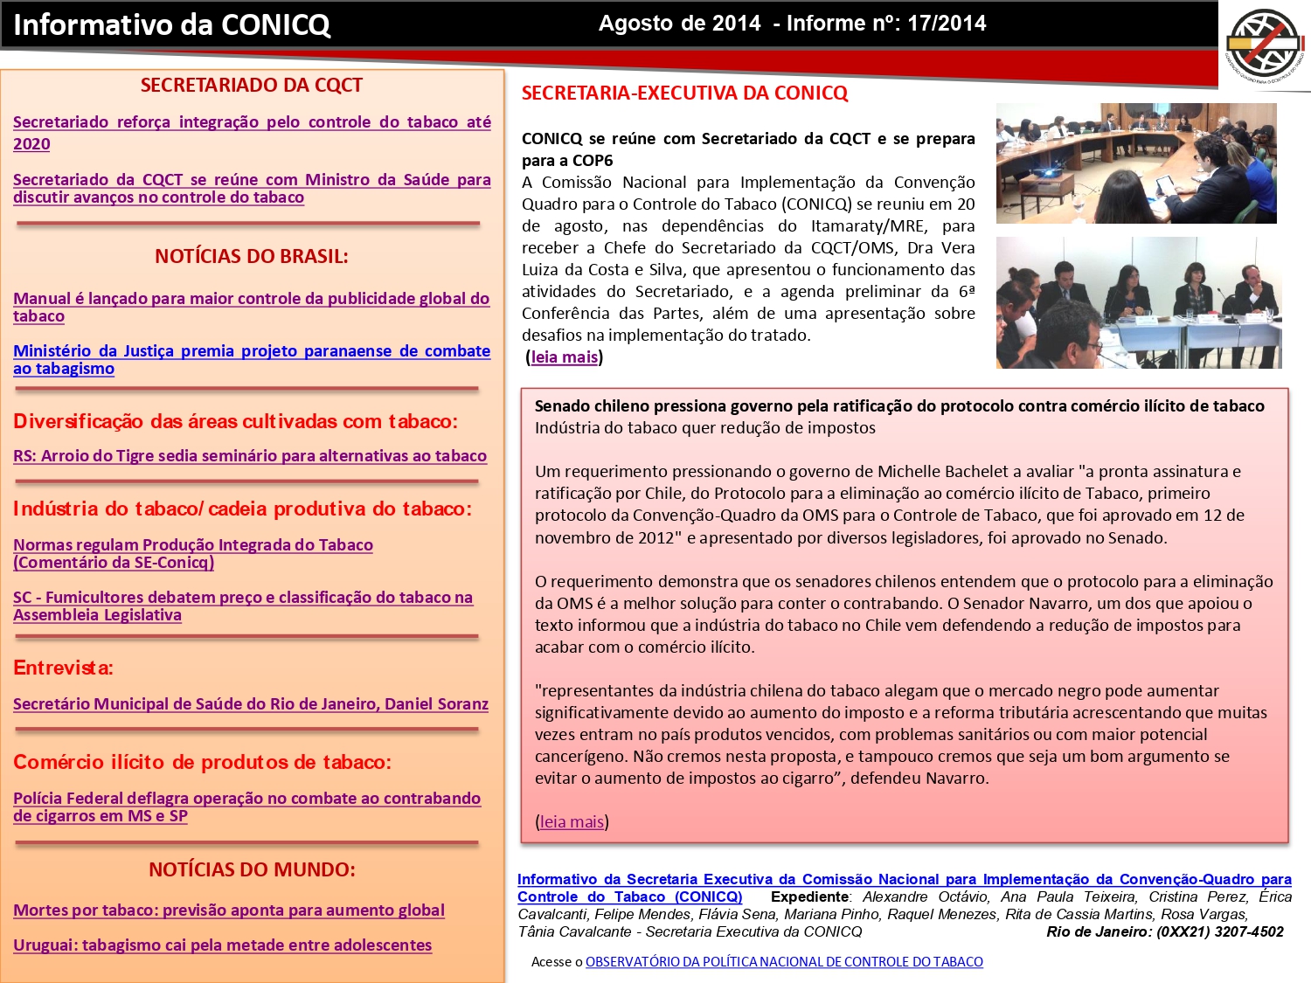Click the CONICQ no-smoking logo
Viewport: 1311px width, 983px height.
[x=1264, y=43]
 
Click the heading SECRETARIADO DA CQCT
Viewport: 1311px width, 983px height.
[x=251, y=86]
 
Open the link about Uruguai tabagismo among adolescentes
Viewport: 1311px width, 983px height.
[x=222, y=945]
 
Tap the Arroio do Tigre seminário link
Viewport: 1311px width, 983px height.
[x=249, y=456]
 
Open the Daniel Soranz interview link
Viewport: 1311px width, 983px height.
[x=250, y=704]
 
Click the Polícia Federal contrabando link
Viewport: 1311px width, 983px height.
[x=246, y=799]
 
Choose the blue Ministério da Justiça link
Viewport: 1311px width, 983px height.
[x=251, y=351]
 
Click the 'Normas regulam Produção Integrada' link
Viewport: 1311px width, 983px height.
[x=192, y=545]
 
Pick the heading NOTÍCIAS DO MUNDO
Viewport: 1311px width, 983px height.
[x=252, y=870]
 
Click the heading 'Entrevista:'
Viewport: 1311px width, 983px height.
[x=63, y=668]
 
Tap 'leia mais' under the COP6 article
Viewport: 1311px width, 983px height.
[x=564, y=357]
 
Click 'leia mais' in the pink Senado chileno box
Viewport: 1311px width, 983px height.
[x=572, y=822]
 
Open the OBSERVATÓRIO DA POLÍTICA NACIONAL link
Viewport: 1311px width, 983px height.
[x=784, y=962]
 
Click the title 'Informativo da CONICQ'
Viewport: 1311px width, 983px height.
[x=172, y=24]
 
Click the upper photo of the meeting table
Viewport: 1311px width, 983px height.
[x=1135, y=163]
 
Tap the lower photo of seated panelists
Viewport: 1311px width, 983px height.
[x=1138, y=302]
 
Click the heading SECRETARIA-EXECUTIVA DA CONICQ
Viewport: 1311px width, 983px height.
[x=684, y=93]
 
